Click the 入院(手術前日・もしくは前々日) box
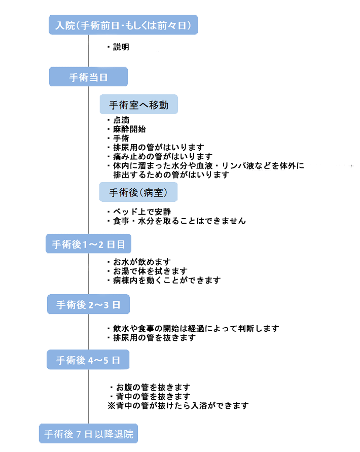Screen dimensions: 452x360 pos(123,25)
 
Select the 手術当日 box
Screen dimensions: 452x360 pos(88,77)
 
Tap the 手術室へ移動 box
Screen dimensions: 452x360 pos(138,105)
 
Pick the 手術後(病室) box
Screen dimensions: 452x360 pos(138,192)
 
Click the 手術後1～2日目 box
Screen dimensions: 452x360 pos(88,244)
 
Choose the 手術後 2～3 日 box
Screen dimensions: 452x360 pos(88,305)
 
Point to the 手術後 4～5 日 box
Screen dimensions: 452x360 pos(88,361)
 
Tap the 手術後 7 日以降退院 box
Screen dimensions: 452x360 pos(88,434)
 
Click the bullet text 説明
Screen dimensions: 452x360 pos(121,47)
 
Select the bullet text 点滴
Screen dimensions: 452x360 pos(121,121)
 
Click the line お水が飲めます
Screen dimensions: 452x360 pos(141,262)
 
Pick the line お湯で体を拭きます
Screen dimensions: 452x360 pos(150,271)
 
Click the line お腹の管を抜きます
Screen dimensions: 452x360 pos(153,387)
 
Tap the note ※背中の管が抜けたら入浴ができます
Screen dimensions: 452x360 pos(178,405)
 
